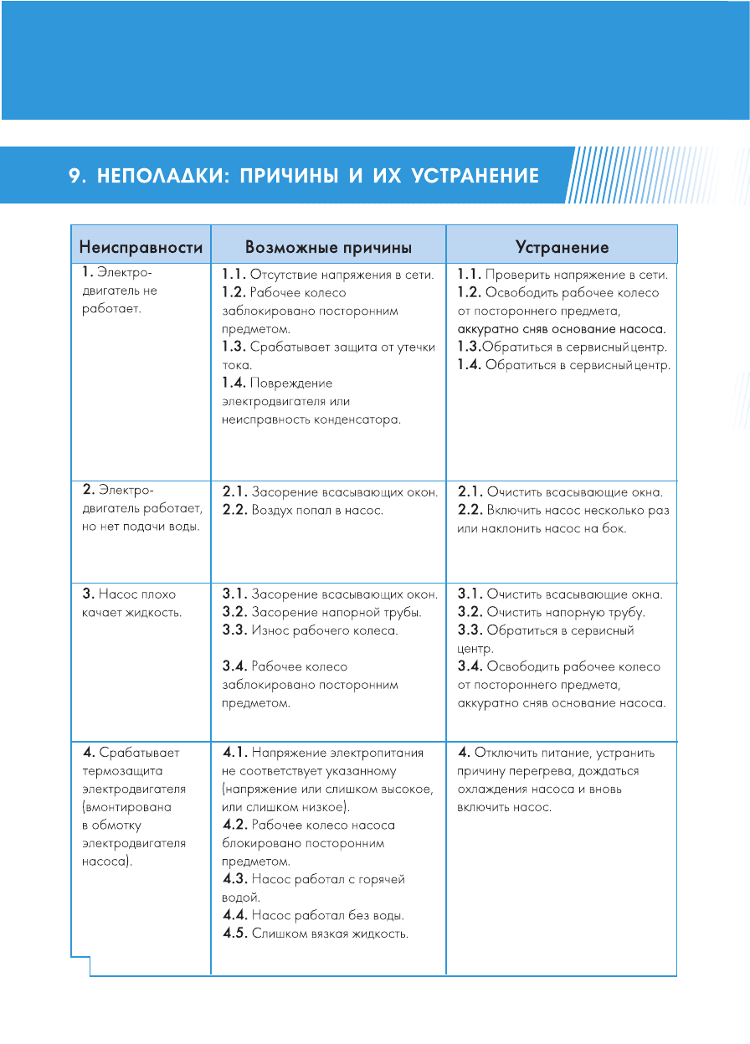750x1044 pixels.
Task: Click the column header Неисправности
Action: click(141, 247)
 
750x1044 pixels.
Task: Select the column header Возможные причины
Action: click(328, 247)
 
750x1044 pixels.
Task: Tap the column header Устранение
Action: click(562, 247)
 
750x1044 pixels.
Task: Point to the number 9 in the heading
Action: click(74, 177)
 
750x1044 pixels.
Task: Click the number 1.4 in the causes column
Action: click(235, 383)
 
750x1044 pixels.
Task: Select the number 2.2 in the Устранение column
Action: click(471, 510)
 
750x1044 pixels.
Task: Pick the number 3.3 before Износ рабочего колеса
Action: click(235, 630)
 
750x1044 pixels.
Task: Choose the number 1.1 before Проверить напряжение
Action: click(471, 274)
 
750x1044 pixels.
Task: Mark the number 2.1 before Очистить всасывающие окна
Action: click(471, 491)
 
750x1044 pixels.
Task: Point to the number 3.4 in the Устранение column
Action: click(471, 666)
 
